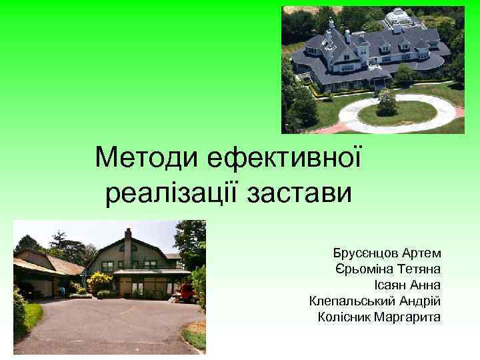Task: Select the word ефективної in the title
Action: pyautogui.click(x=283, y=158)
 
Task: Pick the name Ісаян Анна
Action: pyautogui.click(x=405, y=285)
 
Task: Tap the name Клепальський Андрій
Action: pyautogui.click(x=375, y=301)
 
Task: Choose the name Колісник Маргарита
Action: pyautogui.click(x=379, y=316)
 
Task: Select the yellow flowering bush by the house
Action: pyautogui.click(x=100, y=283)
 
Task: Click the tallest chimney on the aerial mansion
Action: pyautogui.click(x=331, y=25)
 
